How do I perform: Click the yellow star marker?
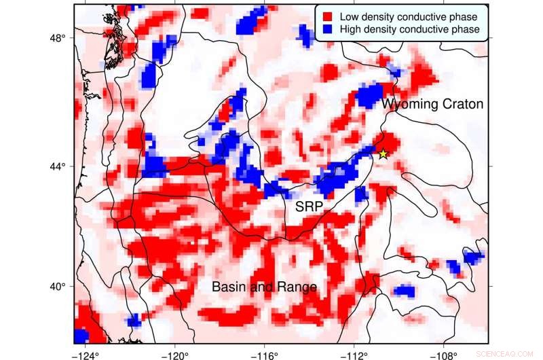click(383, 154)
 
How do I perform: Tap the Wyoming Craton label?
click(432, 105)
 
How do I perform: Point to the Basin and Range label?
click(264, 287)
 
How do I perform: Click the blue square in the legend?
click(326, 29)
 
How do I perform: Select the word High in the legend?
click(350, 29)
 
